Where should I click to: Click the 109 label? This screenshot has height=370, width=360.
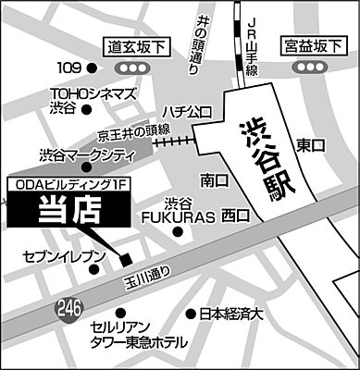70,68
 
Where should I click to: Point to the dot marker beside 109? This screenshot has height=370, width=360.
91,68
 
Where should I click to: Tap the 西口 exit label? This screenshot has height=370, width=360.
235,216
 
